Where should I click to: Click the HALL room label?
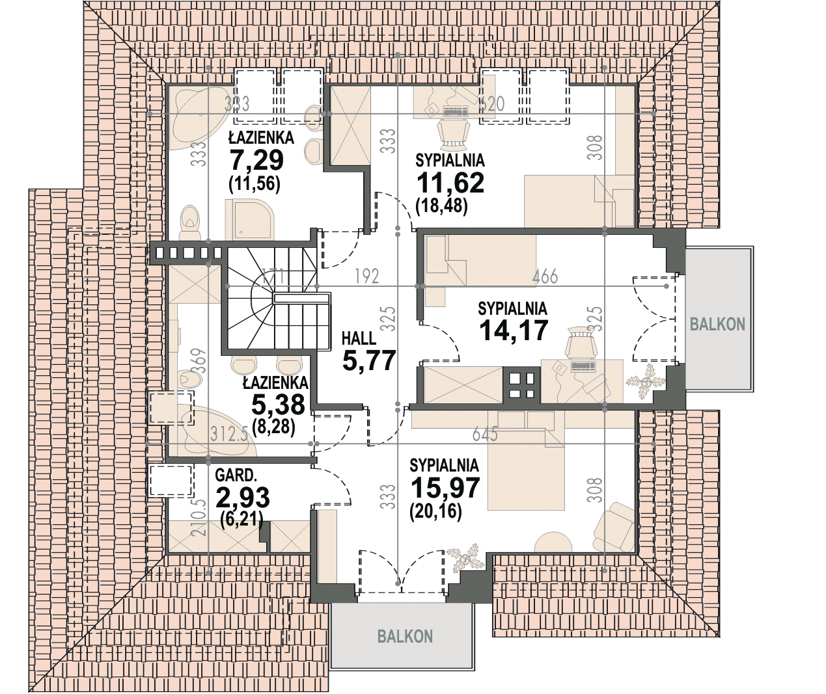pyautogui.click(x=359, y=338)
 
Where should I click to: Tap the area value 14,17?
pyautogui.click(x=514, y=330)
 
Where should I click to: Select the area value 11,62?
pyautogui.click(x=450, y=183)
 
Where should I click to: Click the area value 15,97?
pyautogui.click(x=445, y=488)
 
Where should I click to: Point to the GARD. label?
pyautogui.click(x=236, y=475)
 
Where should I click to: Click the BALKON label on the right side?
pyautogui.click(x=717, y=324)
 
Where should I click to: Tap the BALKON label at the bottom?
pyautogui.click(x=405, y=636)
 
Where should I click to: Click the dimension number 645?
pyautogui.click(x=485, y=433)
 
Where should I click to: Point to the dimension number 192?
pyautogui.click(x=367, y=276)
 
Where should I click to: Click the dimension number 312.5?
pyautogui.click(x=228, y=434)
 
